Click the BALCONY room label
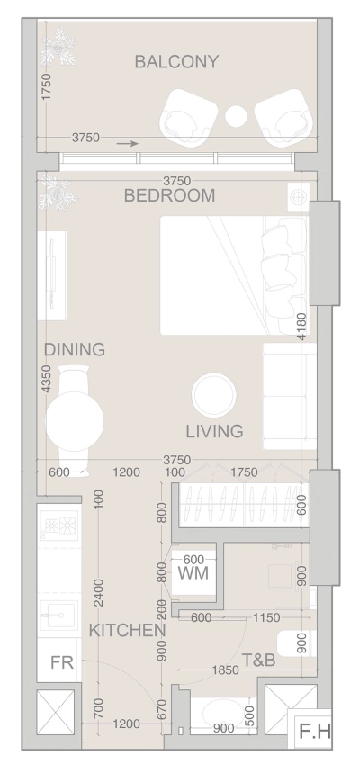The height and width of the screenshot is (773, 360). click(x=176, y=62)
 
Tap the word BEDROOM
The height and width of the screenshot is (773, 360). click(x=170, y=195)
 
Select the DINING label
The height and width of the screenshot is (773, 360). click(x=75, y=349)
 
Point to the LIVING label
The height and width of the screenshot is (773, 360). click(x=214, y=431)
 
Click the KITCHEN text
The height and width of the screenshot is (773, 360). click(x=127, y=631)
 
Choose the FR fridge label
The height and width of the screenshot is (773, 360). click(x=61, y=663)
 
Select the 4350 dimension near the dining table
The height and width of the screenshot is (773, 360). click(x=46, y=379)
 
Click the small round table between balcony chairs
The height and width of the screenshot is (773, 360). click(x=238, y=116)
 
